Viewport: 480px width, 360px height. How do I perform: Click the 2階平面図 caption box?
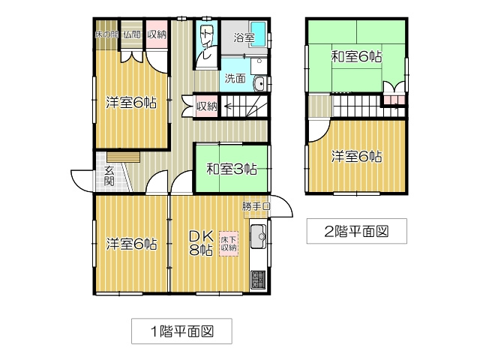point(355,231)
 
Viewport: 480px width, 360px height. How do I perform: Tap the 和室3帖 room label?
point(232,169)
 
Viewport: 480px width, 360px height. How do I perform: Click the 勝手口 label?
point(256,205)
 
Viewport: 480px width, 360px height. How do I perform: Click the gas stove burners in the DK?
point(258,280)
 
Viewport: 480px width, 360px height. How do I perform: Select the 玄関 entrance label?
point(109,175)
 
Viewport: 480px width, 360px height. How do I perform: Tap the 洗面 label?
point(232,77)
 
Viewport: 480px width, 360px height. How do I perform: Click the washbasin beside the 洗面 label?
point(259,83)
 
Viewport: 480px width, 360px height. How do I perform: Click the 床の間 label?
point(106,34)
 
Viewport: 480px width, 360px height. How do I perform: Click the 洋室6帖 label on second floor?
point(357,156)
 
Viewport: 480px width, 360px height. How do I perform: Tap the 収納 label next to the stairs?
point(207,106)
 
